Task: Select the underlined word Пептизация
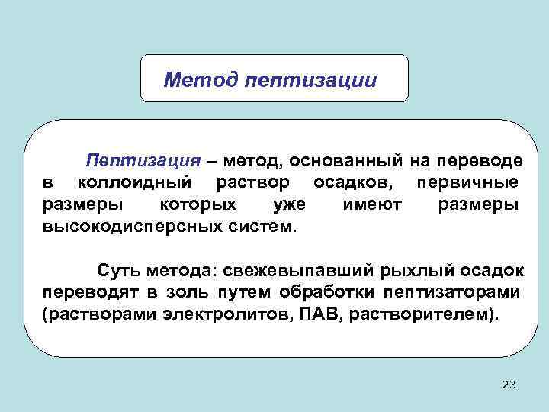coord(143,161)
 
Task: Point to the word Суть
coord(114,271)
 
